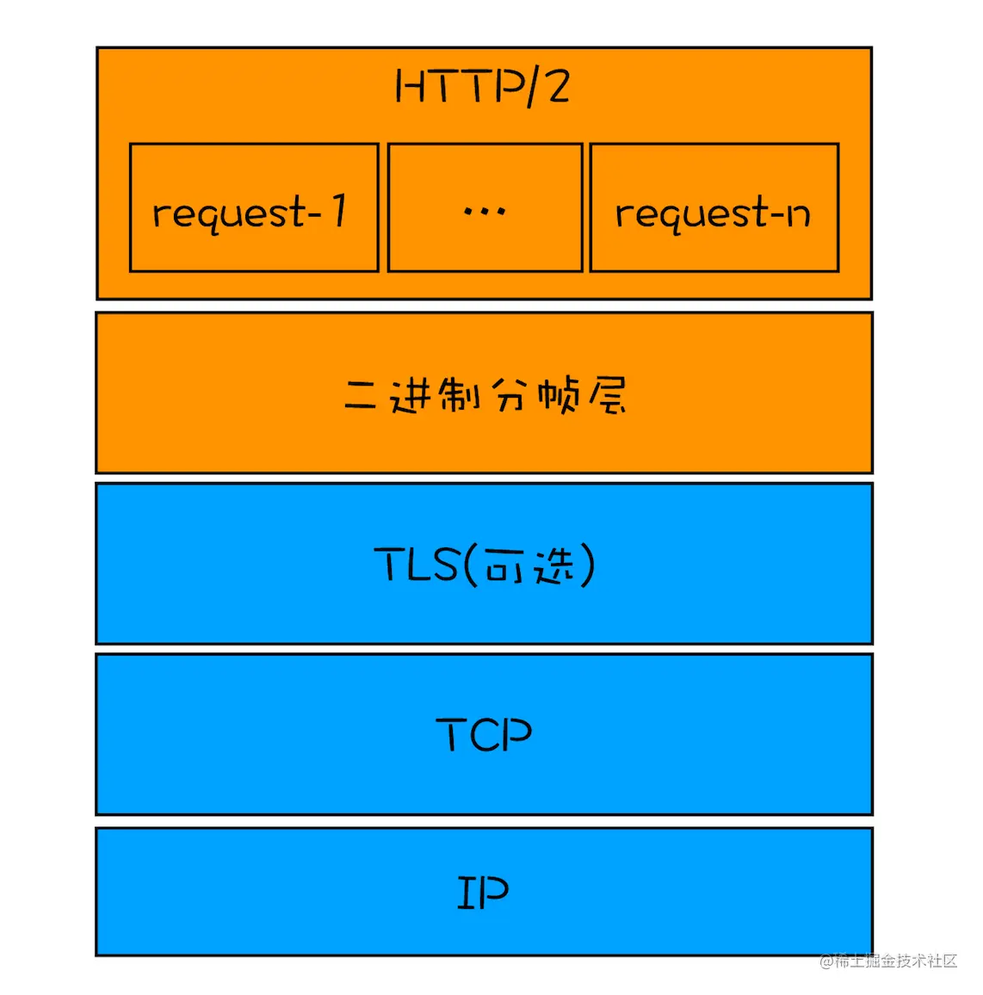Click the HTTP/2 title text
coord(482,87)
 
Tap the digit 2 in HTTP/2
coord(557,87)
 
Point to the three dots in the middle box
coord(485,210)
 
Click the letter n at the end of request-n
coord(798,213)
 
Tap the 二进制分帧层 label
coord(485,396)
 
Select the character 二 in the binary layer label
coord(360,396)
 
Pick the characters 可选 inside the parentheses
coord(528,565)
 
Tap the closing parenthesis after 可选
coord(587,565)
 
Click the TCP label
coord(484,734)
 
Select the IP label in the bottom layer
coord(482,893)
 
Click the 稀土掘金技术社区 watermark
coord(888,961)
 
